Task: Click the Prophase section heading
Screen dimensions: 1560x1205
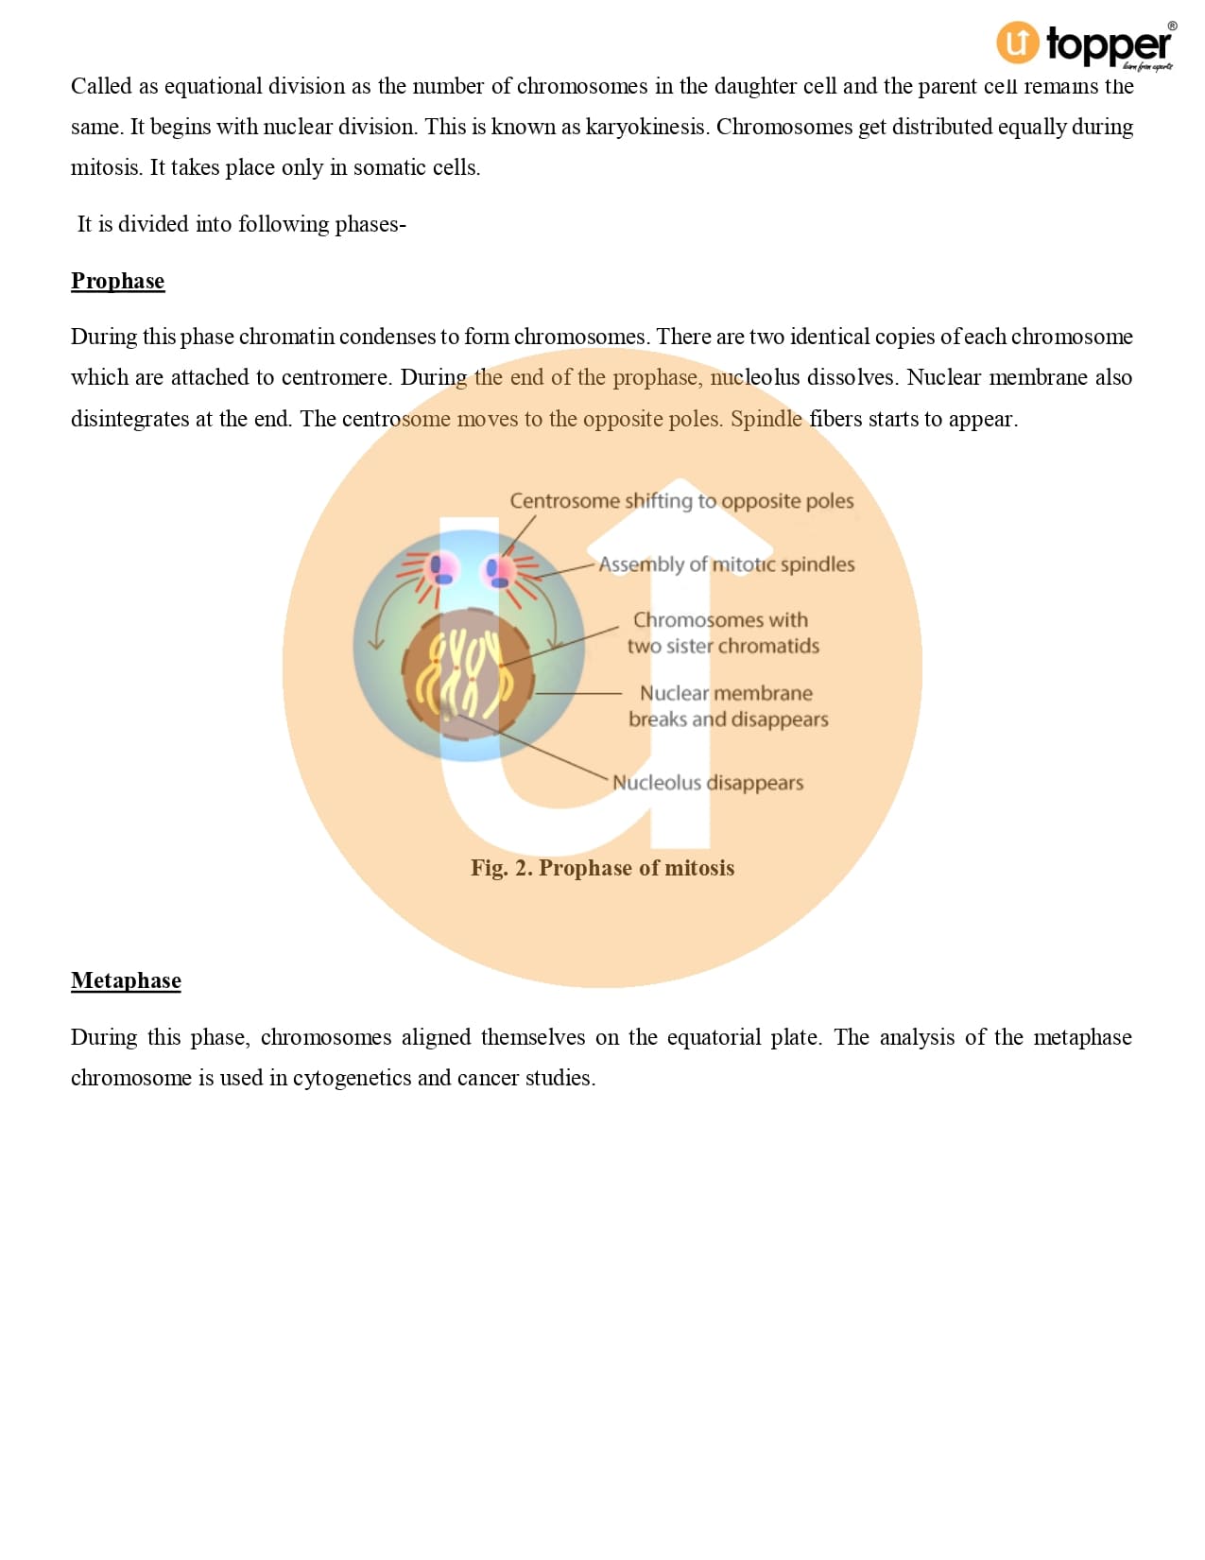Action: (x=117, y=281)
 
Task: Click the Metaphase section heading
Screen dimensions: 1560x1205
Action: (x=126, y=980)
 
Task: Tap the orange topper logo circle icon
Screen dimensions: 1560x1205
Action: (x=1017, y=43)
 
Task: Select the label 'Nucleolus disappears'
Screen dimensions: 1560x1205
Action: (x=707, y=783)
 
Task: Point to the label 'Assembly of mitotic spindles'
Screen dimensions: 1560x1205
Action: (x=726, y=564)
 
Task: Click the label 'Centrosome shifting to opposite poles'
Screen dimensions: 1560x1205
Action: (x=681, y=501)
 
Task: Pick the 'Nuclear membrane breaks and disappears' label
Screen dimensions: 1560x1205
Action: (x=727, y=706)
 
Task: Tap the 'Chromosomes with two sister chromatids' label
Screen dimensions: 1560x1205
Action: (x=722, y=633)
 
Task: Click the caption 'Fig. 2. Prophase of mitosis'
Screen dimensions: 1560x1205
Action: (x=602, y=868)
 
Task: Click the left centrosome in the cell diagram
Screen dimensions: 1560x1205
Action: (x=441, y=569)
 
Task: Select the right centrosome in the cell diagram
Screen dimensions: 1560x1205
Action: (x=497, y=570)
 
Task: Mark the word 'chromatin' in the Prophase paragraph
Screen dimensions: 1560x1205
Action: (x=286, y=337)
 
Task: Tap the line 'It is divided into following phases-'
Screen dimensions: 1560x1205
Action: (x=241, y=224)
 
